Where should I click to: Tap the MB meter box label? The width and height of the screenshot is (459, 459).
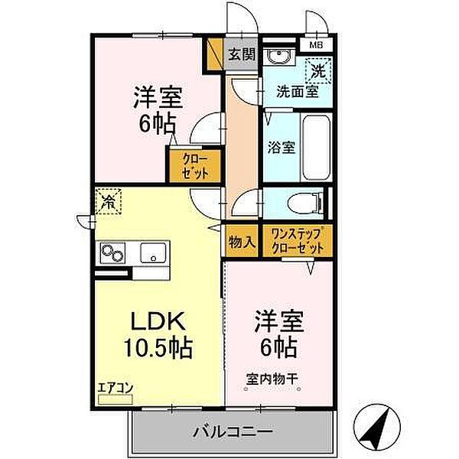pos(316,45)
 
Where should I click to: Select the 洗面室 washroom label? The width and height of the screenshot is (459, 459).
pos(298,94)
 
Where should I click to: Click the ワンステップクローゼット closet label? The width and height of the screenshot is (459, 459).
pos(296,241)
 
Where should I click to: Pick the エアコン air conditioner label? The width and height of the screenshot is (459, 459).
pos(116,389)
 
